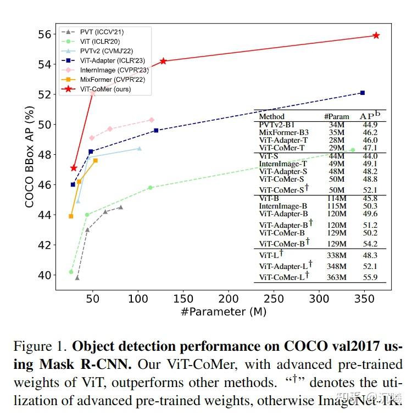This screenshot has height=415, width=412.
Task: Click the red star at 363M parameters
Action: pyautogui.click(x=376, y=35)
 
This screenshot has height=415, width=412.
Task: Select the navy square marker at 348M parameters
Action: pyautogui.click(x=363, y=93)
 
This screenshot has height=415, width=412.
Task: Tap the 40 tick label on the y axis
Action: pyautogui.click(x=44, y=275)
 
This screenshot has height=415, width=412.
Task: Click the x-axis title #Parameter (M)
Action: pyautogui.click(x=224, y=312)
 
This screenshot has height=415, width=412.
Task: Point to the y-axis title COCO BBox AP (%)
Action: pyautogui.click(x=30, y=156)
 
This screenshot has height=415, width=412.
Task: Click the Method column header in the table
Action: pyautogui.click(x=271, y=116)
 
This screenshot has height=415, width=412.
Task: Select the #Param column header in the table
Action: pyautogui.click(x=336, y=116)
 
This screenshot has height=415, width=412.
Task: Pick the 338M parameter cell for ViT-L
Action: pyautogui.click(x=336, y=256)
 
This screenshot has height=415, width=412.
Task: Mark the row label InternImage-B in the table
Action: pyautogui.click(x=283, y=206)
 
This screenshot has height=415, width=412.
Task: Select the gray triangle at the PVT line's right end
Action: pyautogui.click(x=121, y=207)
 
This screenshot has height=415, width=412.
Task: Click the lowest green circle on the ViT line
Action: pyautogui.click(x=71, y=272)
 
